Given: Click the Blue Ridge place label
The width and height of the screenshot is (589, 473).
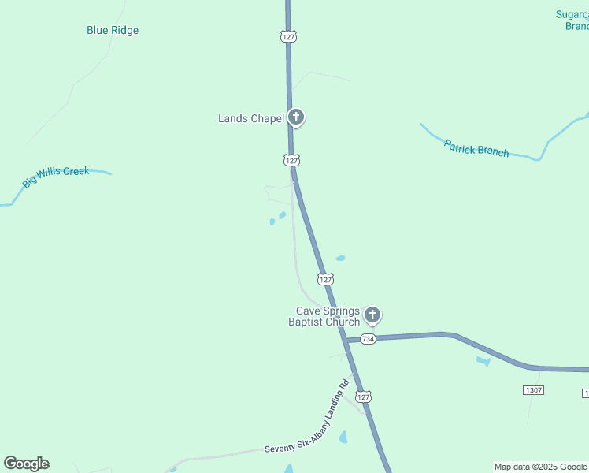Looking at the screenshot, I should (x=113, y=31).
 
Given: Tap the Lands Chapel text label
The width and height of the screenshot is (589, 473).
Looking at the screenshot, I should (x=250, y=119).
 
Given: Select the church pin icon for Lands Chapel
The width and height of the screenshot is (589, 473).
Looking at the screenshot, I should (x=296, y=118).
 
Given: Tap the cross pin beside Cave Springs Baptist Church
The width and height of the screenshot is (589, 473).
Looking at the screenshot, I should (x=372, y=315).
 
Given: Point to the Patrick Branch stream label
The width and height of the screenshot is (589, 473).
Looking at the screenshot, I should (x=476, y=148).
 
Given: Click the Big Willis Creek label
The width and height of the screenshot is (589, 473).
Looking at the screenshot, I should (x=55, y=177).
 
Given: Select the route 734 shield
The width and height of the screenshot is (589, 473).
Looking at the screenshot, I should (x=369, y=338).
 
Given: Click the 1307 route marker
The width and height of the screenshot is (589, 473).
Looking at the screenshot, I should (x=533, y=390).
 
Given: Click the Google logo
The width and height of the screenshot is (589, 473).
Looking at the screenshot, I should (x=26, y=464).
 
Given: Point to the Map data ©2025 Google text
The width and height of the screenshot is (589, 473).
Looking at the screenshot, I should (x=540, y=467).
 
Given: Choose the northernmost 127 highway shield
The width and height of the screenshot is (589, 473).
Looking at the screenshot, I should (x=288, y=36).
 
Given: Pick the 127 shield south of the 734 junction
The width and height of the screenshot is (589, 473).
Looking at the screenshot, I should (x=362, y=396).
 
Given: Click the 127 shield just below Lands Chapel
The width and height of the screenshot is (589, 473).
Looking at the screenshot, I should (x=291, y=160).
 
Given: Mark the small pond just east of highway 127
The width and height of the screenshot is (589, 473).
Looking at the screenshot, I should (x=340, y=258).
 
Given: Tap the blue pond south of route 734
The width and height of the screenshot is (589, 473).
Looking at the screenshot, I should (x=483, y=361).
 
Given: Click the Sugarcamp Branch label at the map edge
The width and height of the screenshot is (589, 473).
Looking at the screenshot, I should (x=572, y=20).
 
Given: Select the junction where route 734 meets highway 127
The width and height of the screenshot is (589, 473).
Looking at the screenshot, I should (x=346, y=340).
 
